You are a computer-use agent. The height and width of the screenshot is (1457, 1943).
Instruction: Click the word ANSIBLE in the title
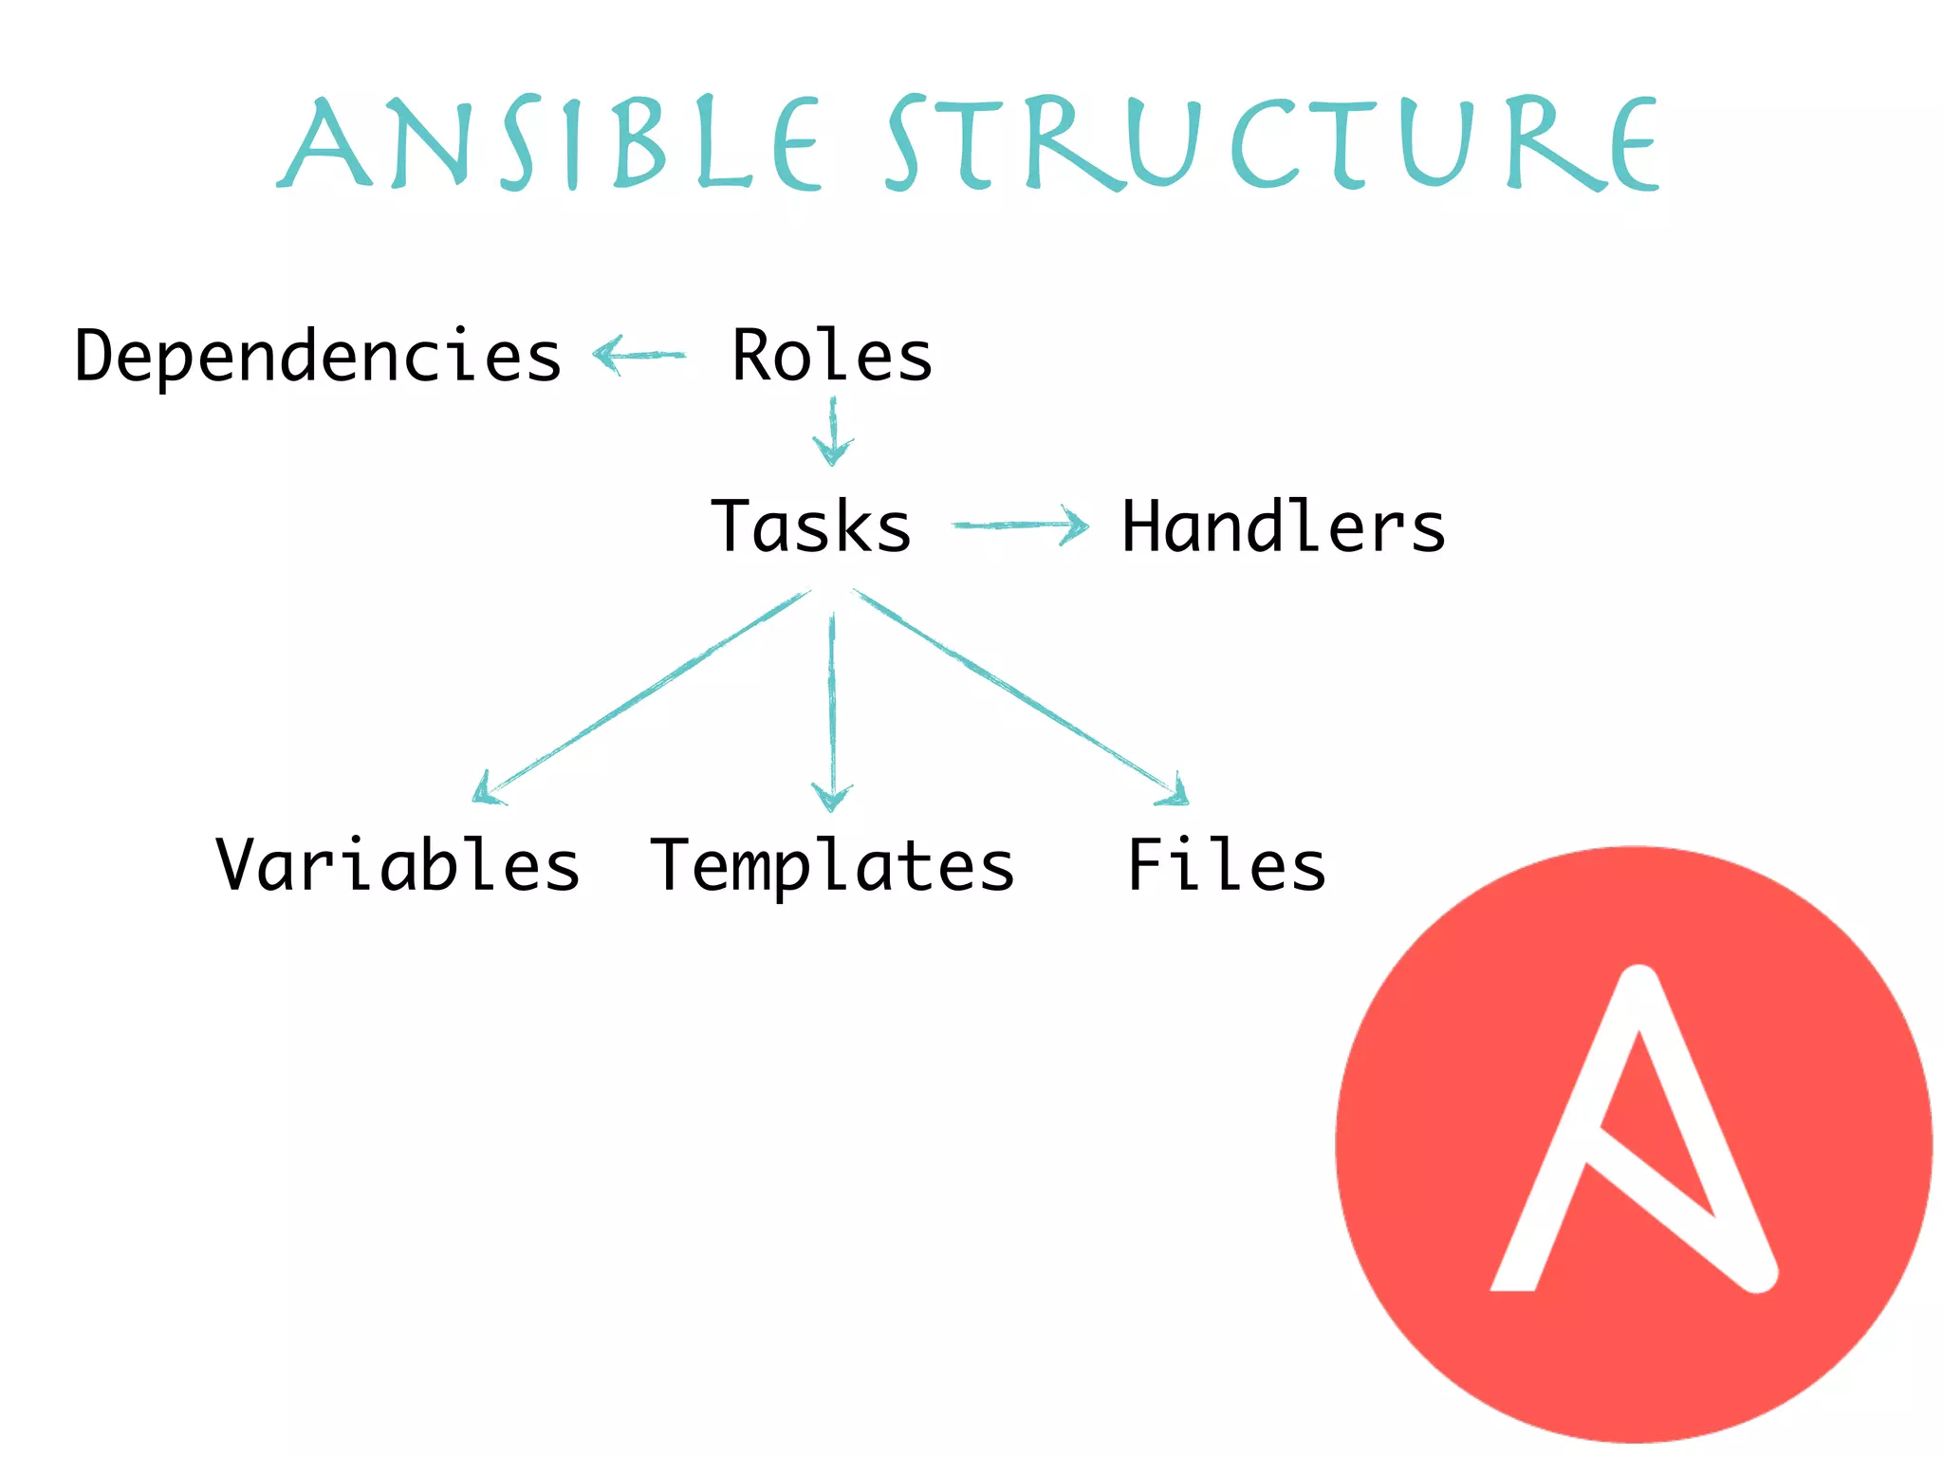[551, 143]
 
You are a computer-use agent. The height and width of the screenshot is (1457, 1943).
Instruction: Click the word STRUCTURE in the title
[1271, 143]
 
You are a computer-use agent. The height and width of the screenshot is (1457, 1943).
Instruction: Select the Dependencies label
[318, 357]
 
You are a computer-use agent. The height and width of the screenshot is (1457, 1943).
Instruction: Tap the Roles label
[832, 357]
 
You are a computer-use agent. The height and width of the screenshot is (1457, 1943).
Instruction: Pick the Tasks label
[811, 527]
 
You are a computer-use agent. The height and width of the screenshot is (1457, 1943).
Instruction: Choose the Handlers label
[1283, 527]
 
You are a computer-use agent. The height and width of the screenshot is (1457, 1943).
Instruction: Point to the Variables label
[398, 865]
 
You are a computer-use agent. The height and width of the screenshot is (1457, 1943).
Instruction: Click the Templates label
[832, 867]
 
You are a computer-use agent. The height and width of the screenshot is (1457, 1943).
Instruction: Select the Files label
[1226, 865]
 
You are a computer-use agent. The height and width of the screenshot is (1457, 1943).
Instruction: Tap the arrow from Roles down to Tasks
[833, 432]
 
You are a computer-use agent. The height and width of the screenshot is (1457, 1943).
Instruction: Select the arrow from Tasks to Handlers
[1021, 525]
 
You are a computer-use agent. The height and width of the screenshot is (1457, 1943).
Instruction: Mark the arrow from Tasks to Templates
[832, 711]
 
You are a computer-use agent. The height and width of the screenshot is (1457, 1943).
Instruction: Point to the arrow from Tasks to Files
[1020, 693]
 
